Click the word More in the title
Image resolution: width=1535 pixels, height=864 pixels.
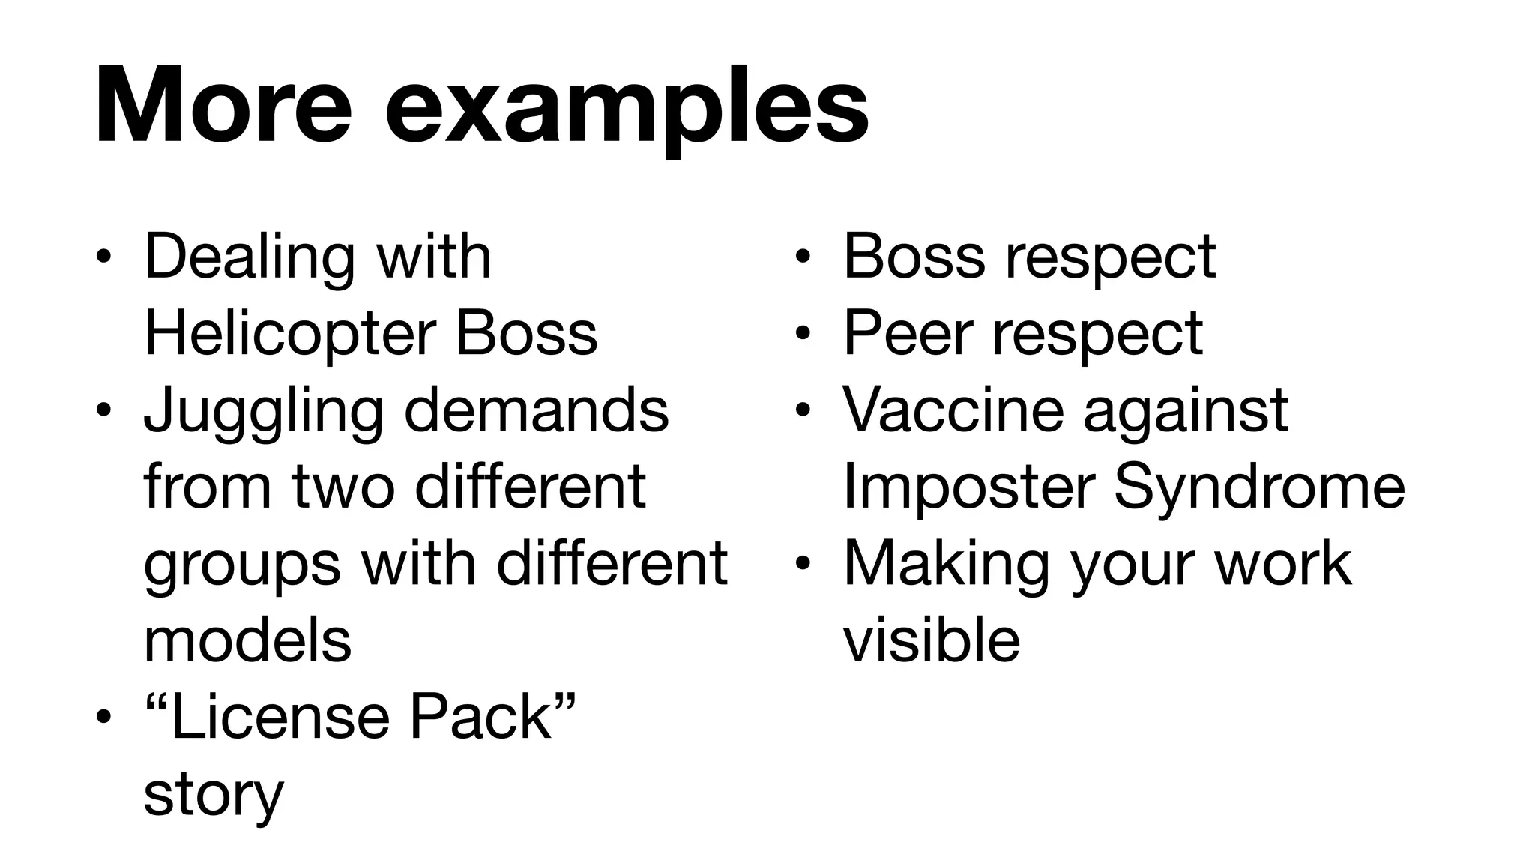tap(223, 106)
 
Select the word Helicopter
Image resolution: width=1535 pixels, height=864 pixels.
tap(289, 333)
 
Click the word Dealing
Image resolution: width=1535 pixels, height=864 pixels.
tap(249, 257)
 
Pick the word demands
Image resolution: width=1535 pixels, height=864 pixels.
tap(537, 410)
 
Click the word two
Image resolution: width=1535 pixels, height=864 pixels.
tap(343, 487)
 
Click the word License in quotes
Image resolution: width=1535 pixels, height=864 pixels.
tap(280, 718)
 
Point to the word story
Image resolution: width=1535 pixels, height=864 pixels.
tap(214, 795)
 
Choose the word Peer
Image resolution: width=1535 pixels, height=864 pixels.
tap(908, 333)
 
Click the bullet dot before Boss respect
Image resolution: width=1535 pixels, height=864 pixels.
tap(803, 256)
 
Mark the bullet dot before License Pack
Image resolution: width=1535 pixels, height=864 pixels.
tap(103, 718)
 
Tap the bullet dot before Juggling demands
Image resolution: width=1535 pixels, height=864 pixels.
tap(103, 411)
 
